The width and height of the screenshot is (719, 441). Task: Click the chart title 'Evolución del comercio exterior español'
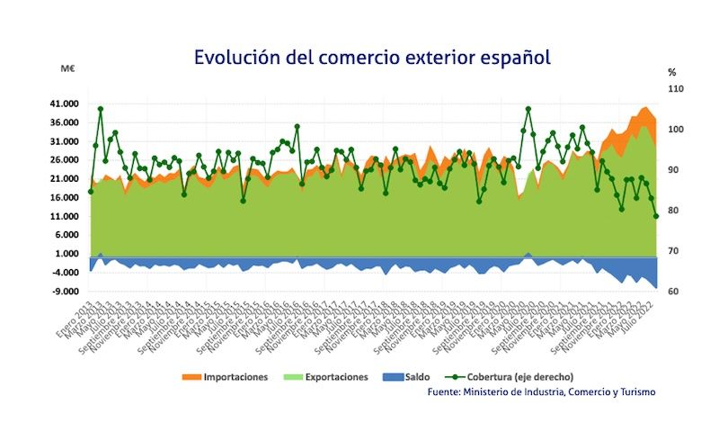371,57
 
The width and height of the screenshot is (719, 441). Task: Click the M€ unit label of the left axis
67,70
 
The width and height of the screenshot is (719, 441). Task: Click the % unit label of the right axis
671,71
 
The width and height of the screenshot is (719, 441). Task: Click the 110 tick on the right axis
675,89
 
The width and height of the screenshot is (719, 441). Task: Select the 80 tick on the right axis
675,211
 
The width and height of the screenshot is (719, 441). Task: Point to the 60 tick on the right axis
675,292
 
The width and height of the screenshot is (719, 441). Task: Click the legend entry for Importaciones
225,377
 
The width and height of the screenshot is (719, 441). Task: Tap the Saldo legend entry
415,377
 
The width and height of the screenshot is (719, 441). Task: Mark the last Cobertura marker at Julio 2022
656,216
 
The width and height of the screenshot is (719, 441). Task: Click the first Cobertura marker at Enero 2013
90,191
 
